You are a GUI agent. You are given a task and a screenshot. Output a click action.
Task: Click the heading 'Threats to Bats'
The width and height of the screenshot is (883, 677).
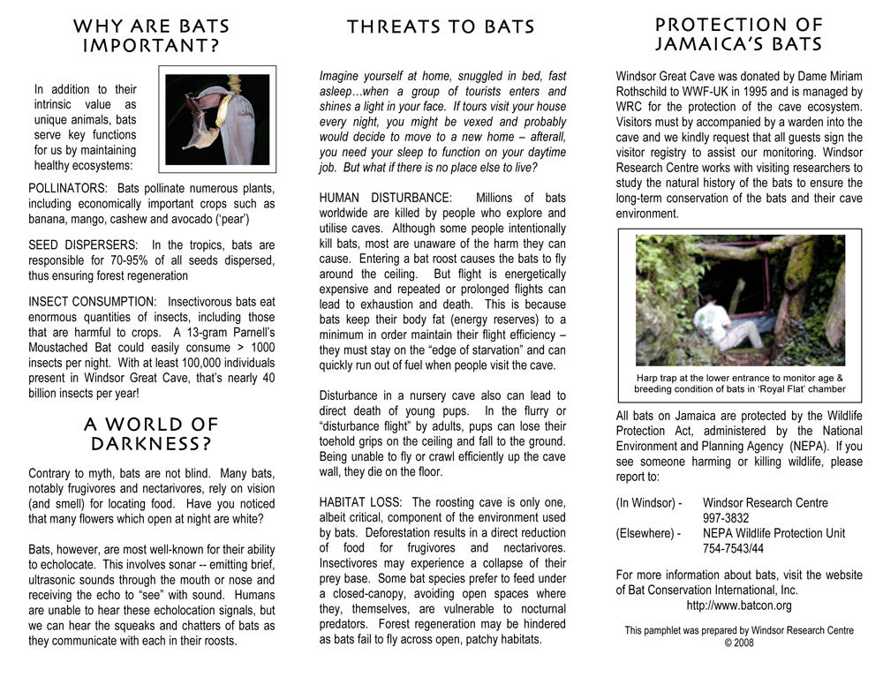point(441,27)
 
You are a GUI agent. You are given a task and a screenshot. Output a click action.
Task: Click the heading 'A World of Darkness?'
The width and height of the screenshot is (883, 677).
point(150,434)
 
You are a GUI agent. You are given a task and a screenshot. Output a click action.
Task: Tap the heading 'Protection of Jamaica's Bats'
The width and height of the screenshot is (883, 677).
point(739,34)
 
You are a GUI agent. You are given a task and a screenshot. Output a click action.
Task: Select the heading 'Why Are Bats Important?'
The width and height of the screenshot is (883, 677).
point(150,35)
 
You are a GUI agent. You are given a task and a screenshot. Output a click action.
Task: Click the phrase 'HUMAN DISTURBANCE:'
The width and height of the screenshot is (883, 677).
point(386,198)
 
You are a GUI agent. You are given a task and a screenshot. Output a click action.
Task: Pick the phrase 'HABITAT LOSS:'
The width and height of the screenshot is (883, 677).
point(361,502)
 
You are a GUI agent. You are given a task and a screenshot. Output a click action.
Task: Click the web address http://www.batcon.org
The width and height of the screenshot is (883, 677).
point(739,606)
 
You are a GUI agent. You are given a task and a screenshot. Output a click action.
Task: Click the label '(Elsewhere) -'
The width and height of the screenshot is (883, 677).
point(648,533)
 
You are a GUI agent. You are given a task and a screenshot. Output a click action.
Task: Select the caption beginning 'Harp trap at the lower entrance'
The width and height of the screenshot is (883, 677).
point(739,383)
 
